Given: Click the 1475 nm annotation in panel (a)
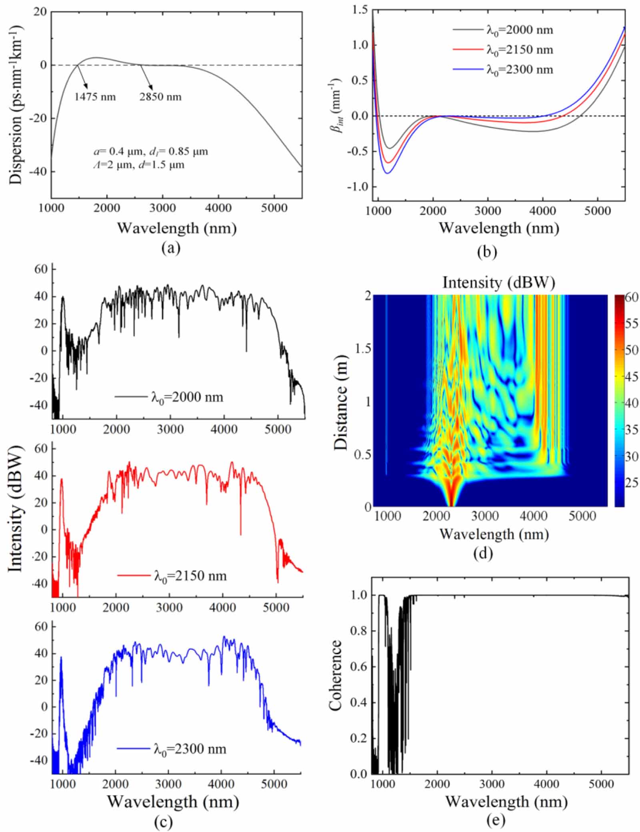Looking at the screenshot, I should click(x=95, y=96).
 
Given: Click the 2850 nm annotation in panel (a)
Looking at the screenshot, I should click(x=160, y=96).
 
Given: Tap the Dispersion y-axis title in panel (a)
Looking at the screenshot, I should click(x=16, y=105).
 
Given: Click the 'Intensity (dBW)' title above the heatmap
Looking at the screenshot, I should click(x=498, y=283).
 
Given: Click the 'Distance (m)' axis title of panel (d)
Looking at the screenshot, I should click(x=341, y=402).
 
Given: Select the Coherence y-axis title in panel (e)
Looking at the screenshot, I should click(x=335, y=675).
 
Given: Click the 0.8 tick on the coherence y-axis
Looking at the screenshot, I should click(x=359, y=631).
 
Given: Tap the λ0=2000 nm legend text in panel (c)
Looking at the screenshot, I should click(x=187, y=397).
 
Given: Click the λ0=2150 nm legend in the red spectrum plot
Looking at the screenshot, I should click(x=190, y=576).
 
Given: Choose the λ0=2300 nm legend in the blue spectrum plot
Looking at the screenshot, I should click(x=190, y=749).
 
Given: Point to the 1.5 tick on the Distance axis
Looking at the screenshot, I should click(x=363, y=349).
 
